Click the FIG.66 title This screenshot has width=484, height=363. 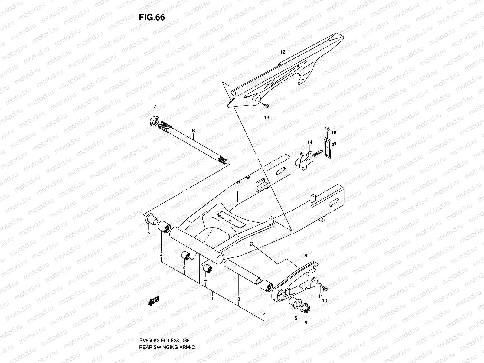click(152, 18)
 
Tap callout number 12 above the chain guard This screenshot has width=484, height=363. click(283, 52)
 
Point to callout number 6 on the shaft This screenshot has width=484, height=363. click(193, 131)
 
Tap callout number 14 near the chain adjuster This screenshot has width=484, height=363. click(310, 142)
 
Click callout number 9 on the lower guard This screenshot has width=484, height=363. click(306, 256)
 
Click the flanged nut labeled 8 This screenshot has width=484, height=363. click(306, 309)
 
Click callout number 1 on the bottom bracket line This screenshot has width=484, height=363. click(213, 299)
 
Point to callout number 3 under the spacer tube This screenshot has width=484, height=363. click(239, 299)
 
